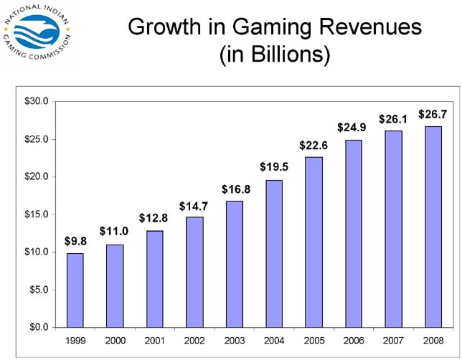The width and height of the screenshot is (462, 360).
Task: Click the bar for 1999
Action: (76, 290)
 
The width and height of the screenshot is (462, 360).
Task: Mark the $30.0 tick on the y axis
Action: (36, 101)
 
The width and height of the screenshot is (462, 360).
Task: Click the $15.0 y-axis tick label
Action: (36, 214)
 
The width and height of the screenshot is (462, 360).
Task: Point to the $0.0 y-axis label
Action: (38, 327)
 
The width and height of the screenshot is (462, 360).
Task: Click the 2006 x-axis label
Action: (353, 338)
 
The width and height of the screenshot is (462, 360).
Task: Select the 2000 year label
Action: (115, 338)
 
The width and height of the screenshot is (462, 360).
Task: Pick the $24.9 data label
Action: (352, 127)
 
